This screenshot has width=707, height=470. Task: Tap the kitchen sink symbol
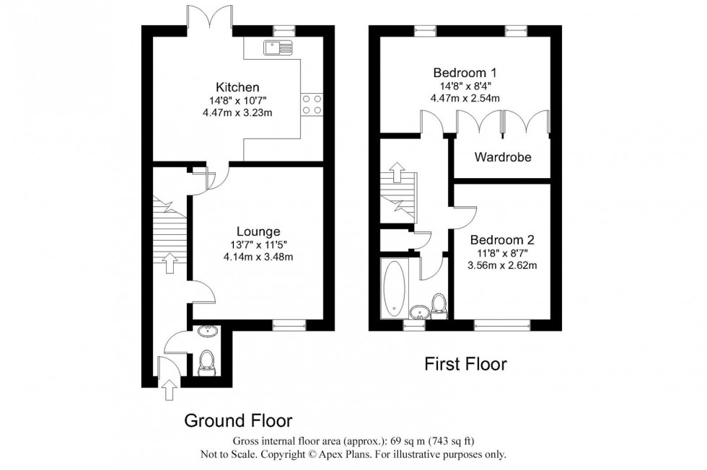pyautogui.click(x=278, y=48)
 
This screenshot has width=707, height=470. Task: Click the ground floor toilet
pyautogui.click(x=207, y=360)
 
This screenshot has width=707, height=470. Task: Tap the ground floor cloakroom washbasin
pyautogui.click(x=207, y=332)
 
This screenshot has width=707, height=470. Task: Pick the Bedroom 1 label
pyautogui.click(x=466, y=73)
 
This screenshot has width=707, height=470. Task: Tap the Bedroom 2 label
pyautogui.click(x=502, y=239)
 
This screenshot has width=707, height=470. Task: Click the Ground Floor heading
pyautogui.click(x=238, y=420)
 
